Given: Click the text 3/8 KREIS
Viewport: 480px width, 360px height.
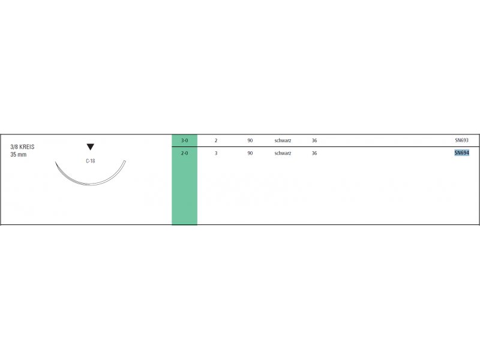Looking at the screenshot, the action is coord(22,147).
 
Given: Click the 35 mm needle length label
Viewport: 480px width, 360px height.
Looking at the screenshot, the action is coord(19,155).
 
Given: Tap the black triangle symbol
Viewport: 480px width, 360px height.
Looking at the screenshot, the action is coord(91,146).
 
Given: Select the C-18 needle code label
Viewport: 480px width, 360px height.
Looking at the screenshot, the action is coord(91,161).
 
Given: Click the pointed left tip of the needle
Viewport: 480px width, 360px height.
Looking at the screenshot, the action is coord(55,161).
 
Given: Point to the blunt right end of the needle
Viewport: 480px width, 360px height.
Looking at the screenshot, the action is coord(125,161).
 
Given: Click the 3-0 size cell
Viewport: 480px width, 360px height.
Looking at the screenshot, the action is coord(184,140).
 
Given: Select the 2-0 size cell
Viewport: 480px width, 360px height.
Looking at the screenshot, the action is coord(184,153).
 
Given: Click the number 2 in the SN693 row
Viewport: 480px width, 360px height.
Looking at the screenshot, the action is coord(216,140).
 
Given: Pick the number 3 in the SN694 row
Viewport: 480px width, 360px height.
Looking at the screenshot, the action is coord(216,153).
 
